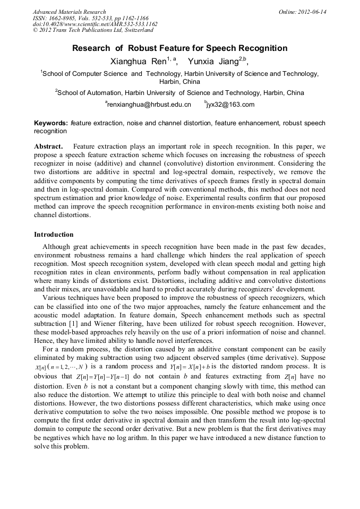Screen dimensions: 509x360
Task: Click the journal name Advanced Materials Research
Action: (x=69, y=12)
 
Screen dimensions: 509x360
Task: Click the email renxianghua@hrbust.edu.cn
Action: (x=149, y=105)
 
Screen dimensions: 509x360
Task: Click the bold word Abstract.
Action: (x=48, y=145)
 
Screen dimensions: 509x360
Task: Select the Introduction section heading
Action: (x=54, y=234)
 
